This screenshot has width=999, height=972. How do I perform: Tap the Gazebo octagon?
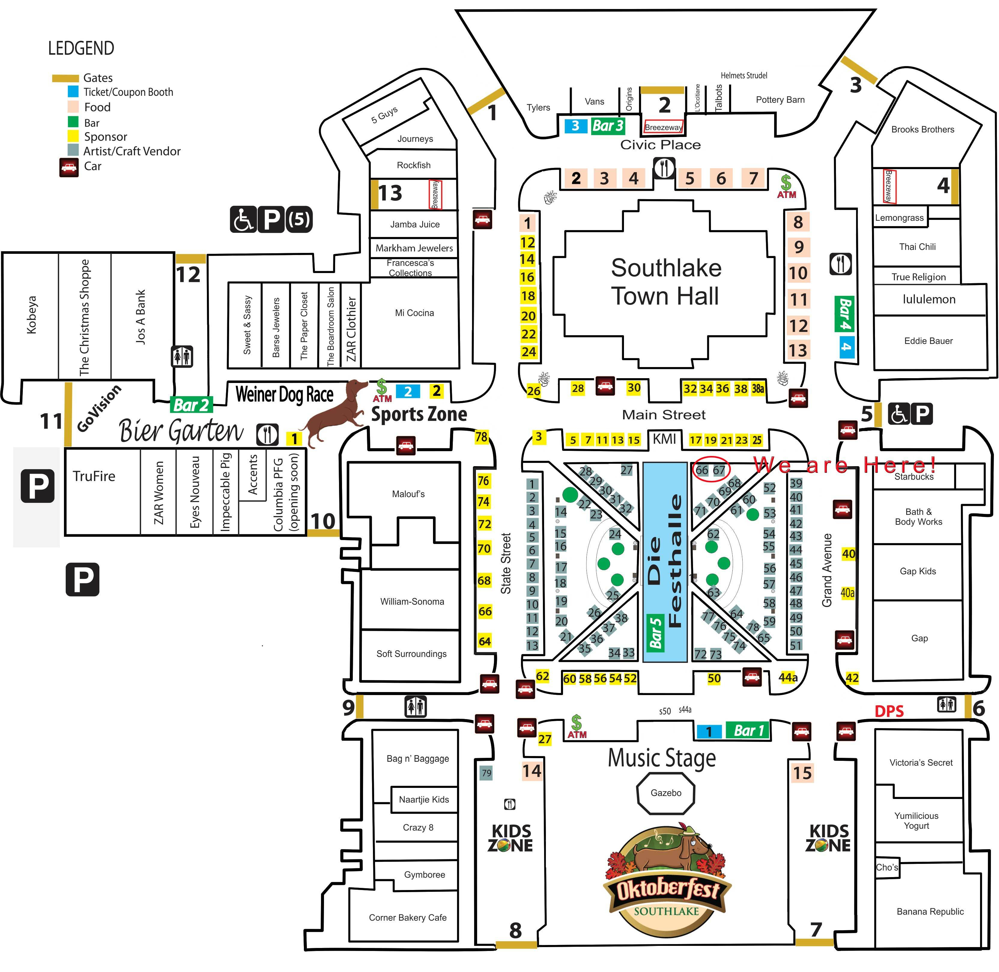tap(666, 793)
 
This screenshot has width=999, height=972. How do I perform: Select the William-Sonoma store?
tap(412, 601)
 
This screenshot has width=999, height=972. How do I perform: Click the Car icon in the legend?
tap(69, 167)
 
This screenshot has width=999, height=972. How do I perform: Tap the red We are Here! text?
tap(844, 465)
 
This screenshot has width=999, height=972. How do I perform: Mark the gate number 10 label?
tap(323, 521)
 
